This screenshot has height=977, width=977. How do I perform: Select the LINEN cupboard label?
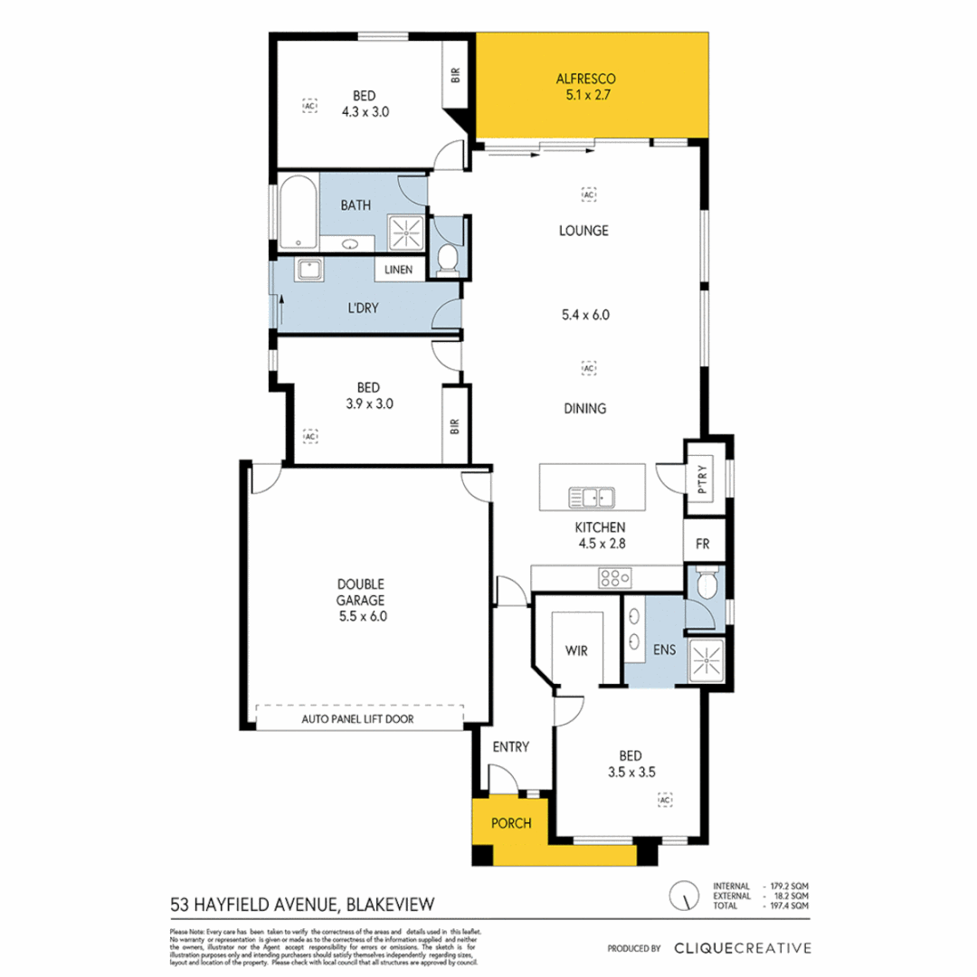399,270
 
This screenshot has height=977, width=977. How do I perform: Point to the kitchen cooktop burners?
612,577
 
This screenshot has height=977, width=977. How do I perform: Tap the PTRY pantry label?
706,478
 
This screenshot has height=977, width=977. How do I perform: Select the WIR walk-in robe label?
577,650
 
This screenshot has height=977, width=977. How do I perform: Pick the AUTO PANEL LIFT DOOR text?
370,720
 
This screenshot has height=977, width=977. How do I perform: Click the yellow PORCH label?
512,823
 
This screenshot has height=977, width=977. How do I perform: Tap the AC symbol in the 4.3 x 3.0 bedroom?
310,105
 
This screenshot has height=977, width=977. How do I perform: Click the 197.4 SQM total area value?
790,906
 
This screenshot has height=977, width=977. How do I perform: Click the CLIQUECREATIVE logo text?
742,948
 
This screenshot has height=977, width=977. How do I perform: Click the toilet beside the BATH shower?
446,259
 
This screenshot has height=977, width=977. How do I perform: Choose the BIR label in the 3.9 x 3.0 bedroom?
455,425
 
